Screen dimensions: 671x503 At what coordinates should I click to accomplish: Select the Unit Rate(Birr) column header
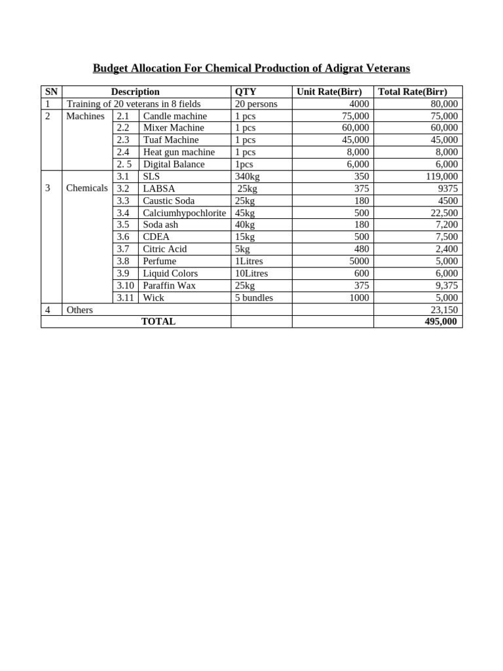coord(333,92)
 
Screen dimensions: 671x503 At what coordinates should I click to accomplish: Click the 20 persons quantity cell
coord(256,104)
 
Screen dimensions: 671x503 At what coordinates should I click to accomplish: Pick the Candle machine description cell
coord(175,116)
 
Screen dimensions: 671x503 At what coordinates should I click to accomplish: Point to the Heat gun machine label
coord(179,152)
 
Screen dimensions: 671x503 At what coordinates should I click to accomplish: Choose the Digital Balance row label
coord(174,164)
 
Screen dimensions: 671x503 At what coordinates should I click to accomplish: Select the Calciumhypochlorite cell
coord(184,213)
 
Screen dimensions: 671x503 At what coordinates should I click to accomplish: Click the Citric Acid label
coord(165,249)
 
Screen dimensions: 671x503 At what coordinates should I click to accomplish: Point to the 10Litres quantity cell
coord(251,273)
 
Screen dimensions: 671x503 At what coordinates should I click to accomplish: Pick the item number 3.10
coord(126,286)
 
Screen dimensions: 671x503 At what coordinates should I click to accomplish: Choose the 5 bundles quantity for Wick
coord(254,297)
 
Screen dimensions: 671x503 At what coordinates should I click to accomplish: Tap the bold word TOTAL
coord(158,322)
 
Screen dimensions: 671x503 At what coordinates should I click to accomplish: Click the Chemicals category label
coord(87,188)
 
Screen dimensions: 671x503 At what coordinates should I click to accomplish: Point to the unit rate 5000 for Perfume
coord(358,261)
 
